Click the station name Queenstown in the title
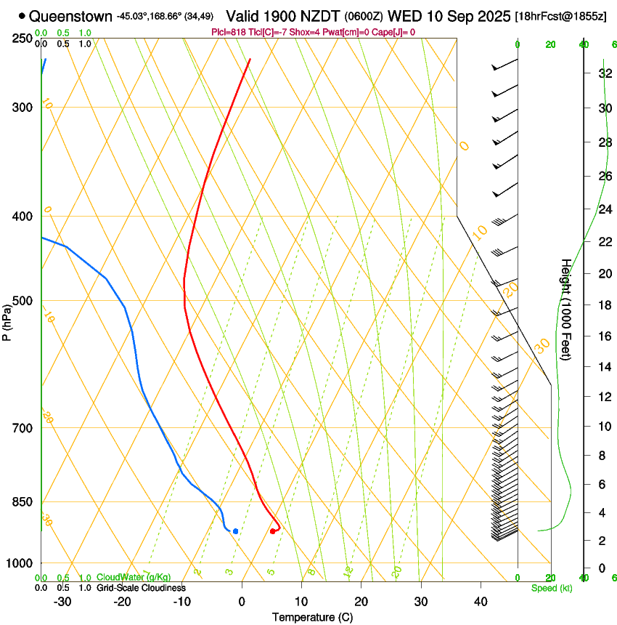coord(71,16)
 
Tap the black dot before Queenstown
coord(23,16)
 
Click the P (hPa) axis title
coord(7,319)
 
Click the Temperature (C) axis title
coord(312,618)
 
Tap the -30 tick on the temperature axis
coord(62,602)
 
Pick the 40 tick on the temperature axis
coord(480,602)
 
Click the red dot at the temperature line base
coord(272,531)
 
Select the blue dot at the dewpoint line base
coord(235,531)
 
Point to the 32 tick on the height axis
coord(603,73)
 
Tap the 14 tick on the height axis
coord(603,367)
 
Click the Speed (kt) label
coord(551,588)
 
